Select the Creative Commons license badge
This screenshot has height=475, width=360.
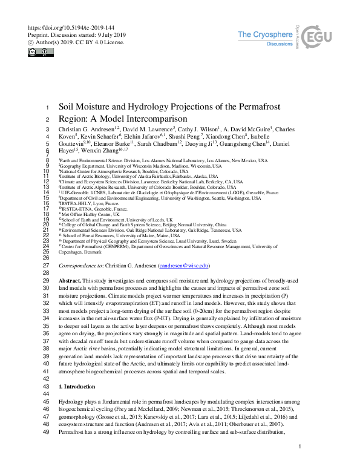pyautogui.click(x=38, y=52)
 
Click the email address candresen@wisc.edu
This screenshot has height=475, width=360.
pyautogui.click(x=183, y=266)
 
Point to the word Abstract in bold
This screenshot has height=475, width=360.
pyautogui.click(x=69, y=282)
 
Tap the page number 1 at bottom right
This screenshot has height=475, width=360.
pyautogui.click(x=299, y=464)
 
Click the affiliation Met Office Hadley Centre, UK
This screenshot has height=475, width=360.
pyautogui.click(x=90, y=214)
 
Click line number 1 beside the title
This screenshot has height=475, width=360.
pyautogui.click(x=47, y=107)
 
